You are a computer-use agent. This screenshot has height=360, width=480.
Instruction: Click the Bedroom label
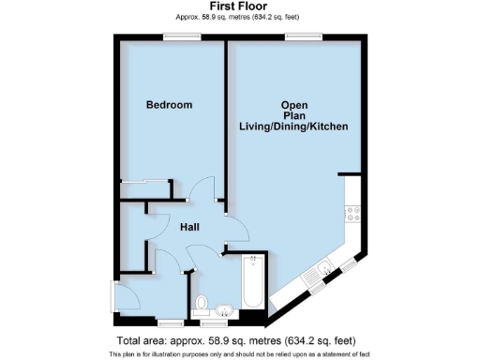169,105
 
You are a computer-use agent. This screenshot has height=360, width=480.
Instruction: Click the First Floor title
239,7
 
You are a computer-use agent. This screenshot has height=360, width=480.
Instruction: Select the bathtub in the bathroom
250,281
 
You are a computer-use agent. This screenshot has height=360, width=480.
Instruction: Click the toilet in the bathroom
201,304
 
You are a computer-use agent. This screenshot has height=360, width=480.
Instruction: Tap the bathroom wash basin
225,310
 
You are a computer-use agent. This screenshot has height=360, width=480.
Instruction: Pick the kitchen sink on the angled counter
323,271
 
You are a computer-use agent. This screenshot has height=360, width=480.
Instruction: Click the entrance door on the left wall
114,299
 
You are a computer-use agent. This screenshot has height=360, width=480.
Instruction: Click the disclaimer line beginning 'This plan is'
239,353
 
